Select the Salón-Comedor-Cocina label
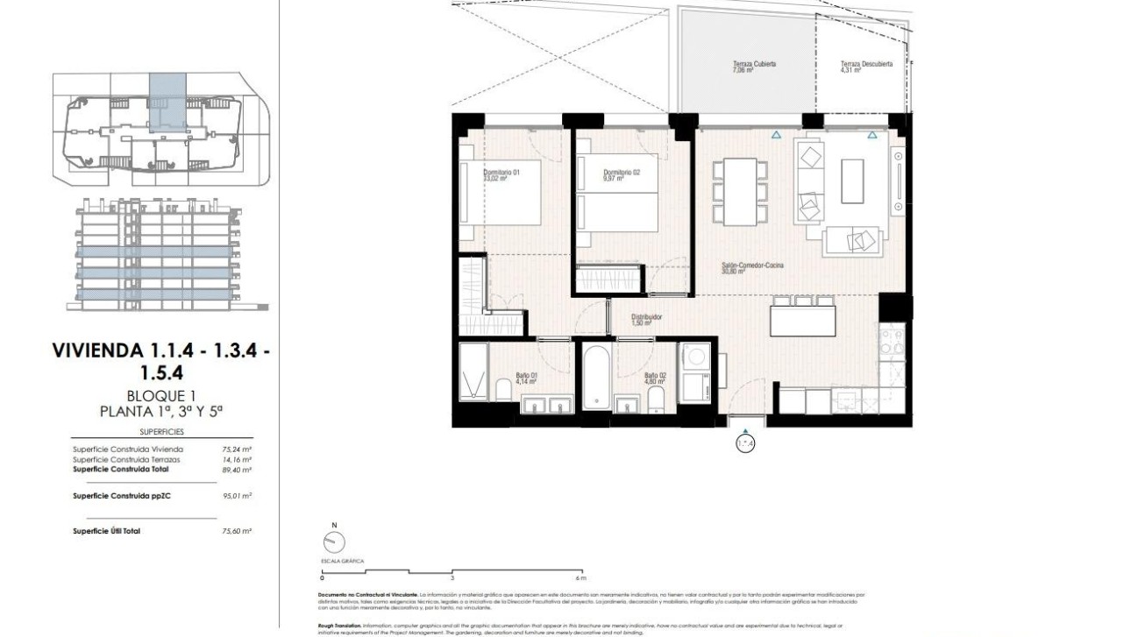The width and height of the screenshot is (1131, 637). click(x=742, y=267)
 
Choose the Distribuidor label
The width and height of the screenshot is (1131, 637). click(x=645, y=320)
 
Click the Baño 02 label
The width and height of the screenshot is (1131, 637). click(x=656, y=379)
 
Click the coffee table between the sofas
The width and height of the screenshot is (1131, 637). click(x=851, y=180)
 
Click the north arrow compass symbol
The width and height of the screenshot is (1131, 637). click(x=333, y=541)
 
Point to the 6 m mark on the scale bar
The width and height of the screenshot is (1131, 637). click(x=580, y=578)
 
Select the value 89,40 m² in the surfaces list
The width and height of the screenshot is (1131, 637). click(x=238, y=470)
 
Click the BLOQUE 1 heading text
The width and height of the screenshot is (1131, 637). click(x=161, y=396)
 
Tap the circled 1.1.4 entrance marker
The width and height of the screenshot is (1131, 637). click(x=745, y=444)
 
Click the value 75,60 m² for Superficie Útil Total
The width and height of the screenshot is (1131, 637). click(x=238, y=531)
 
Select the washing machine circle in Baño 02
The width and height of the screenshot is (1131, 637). click(x=696, y=357)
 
